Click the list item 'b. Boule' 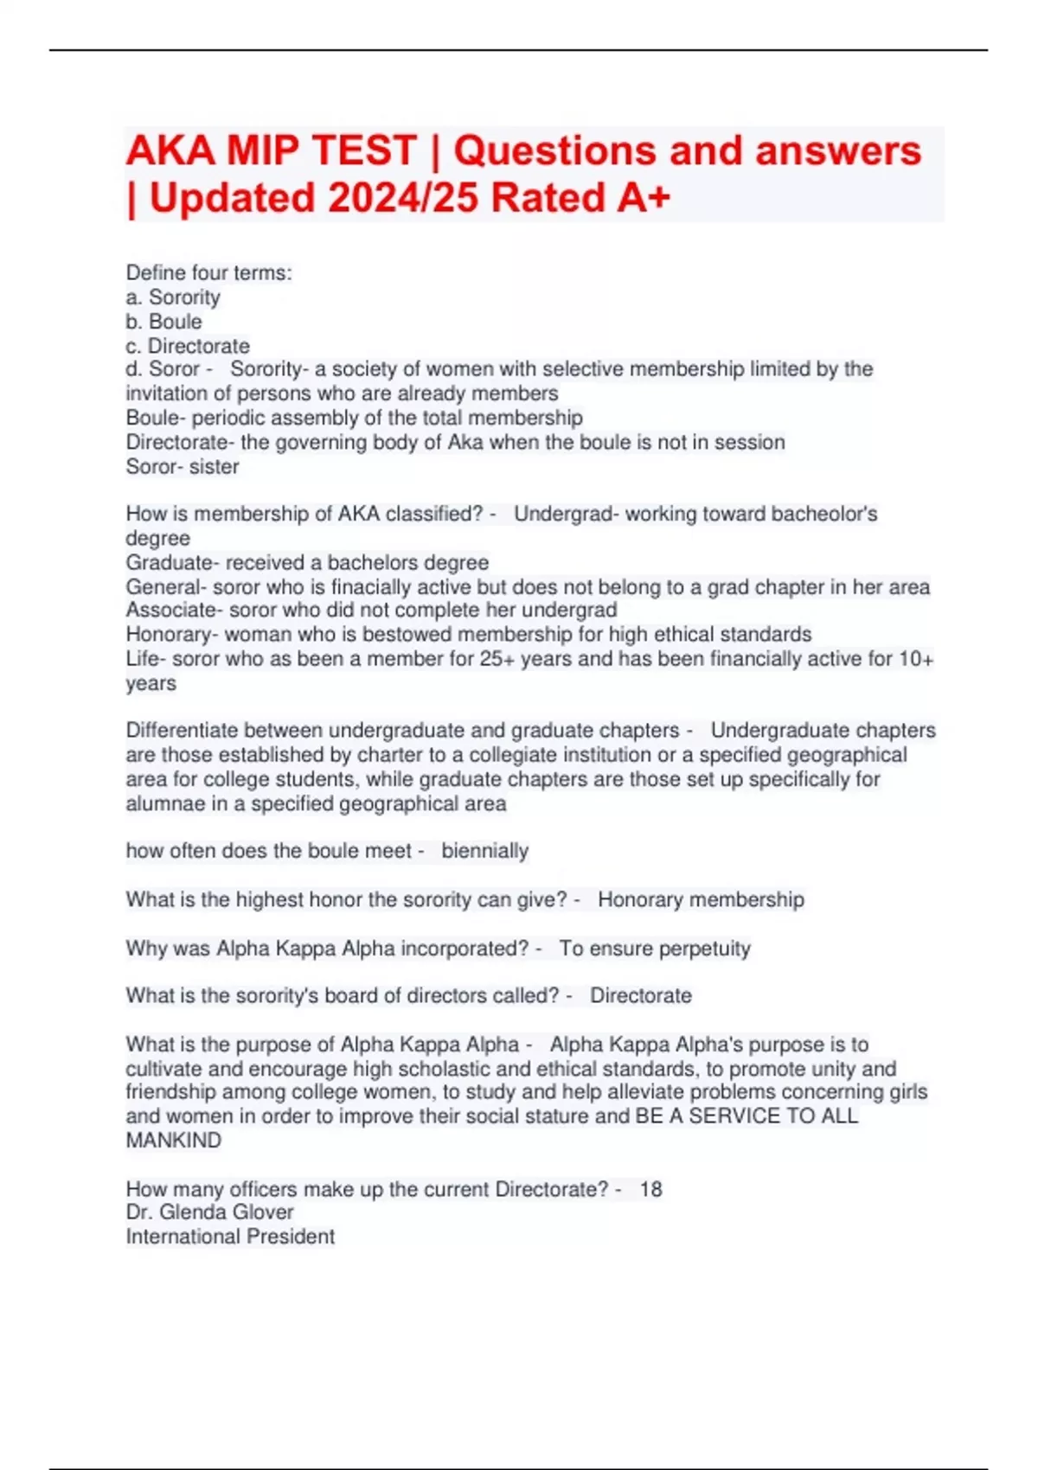163,322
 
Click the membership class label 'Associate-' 174,610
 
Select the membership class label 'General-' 165,587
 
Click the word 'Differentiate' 182,731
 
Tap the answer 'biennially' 484,851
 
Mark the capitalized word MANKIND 173,1141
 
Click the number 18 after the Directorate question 650,1190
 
